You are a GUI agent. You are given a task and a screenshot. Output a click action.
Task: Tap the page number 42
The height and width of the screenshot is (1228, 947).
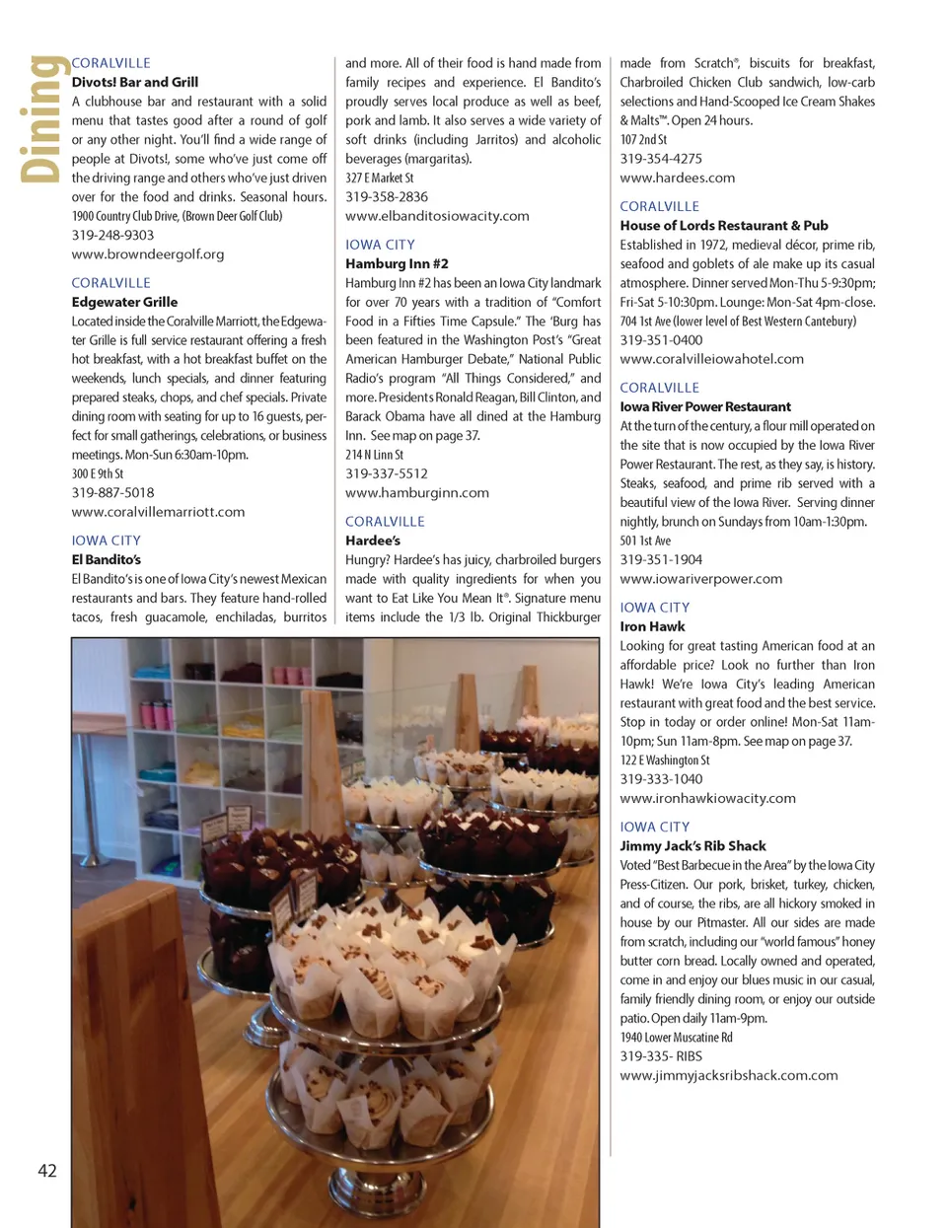point(47,1171)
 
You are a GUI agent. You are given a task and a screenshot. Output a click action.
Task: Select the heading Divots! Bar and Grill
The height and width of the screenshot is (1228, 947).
point(135,82)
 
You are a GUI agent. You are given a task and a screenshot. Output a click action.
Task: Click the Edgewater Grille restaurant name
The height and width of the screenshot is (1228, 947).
point(124,302)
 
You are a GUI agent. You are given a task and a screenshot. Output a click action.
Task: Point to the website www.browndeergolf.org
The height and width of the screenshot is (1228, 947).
point(148,253)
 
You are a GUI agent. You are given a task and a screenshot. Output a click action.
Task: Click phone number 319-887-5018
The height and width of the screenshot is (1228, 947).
point(112,492)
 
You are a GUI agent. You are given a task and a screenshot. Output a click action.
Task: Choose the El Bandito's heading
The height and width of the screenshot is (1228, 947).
point(106,559)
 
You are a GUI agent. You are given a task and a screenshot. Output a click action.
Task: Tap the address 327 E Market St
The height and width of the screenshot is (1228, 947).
point(380,178)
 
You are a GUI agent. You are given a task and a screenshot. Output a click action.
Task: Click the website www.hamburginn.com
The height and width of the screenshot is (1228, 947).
point(417,492)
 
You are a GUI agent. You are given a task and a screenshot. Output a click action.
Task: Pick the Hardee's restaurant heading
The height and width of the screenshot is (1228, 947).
point(373,541)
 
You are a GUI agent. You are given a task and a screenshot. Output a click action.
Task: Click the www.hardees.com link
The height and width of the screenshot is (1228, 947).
point(678,178)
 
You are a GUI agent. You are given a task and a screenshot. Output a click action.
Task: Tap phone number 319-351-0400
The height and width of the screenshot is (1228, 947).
point(661,339)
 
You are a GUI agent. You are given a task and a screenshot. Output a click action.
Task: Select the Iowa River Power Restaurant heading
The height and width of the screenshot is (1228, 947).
point(705,406)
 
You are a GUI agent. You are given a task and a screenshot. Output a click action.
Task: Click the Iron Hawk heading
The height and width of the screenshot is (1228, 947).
point(652,626)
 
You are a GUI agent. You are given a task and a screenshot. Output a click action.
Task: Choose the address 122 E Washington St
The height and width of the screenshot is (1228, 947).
point(665,759)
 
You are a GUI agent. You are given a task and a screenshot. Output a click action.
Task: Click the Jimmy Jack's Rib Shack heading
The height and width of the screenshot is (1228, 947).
point(692,845)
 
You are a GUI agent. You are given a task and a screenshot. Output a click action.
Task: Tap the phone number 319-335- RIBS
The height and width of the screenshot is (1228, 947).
point(661,1055)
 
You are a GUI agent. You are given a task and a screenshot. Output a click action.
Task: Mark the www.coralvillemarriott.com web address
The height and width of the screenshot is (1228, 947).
point(158,512)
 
